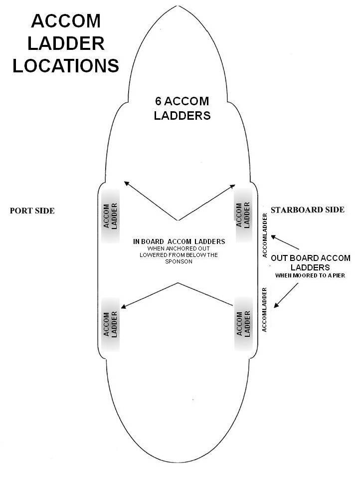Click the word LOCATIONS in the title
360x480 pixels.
tap(65, 65)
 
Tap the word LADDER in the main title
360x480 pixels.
tap(65, 43)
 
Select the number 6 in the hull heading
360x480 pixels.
tap(158, 101)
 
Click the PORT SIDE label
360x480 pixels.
tap(32, 211)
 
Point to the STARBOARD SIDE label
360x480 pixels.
tap(307, 210)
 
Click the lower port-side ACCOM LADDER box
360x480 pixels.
tap(110, 325)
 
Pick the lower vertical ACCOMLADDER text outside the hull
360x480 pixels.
tap(265, 309)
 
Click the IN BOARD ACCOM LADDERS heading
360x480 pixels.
tap(179, 241)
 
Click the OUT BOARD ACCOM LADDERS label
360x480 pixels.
tap(311, 263)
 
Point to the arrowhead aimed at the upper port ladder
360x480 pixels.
tap(126, 183)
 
